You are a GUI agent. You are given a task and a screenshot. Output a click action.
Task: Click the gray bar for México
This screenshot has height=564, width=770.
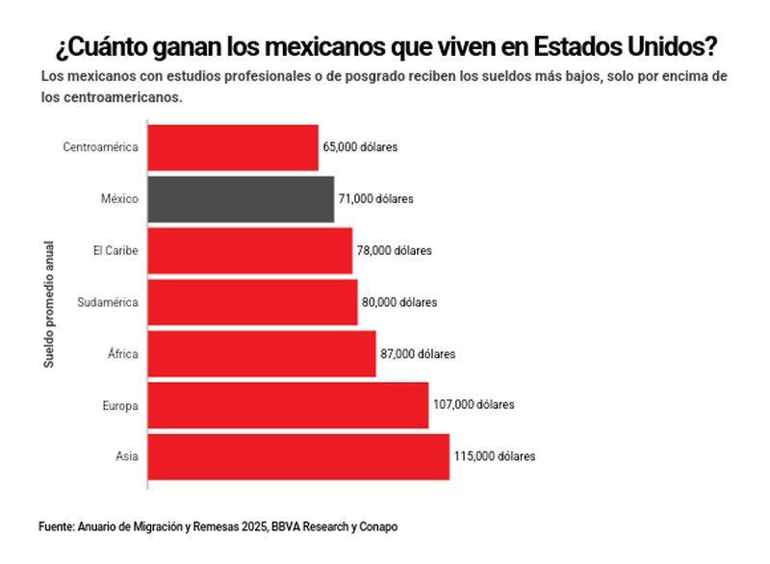[241, 199]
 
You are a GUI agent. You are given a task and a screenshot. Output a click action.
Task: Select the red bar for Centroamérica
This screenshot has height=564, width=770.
[233, 147]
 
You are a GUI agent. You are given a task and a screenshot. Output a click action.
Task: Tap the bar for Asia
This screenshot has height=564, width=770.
[298, 456]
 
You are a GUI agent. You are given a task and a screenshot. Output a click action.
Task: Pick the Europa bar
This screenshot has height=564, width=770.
[288, 405]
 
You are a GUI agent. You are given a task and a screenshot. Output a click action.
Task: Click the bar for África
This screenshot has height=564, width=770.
[262, 354]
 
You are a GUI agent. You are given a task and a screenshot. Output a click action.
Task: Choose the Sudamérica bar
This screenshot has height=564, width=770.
[252, 302]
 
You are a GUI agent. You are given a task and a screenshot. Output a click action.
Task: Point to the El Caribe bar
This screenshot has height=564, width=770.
[250, 250]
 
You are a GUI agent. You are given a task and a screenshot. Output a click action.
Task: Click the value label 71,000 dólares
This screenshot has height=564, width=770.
[375, 199]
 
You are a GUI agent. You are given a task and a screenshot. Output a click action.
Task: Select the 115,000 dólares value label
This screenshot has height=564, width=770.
[495, 456]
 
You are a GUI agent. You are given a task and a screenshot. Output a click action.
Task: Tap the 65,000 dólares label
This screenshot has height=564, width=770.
[359, 147]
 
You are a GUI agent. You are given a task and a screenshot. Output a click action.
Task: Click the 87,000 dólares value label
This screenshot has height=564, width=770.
[418, 354]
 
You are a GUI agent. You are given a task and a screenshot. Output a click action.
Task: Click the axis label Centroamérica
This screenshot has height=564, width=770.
[101, 147]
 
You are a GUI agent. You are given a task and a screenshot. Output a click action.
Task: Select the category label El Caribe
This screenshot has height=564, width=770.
[115, 250]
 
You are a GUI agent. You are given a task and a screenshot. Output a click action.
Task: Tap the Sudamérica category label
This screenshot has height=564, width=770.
[108, 302]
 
